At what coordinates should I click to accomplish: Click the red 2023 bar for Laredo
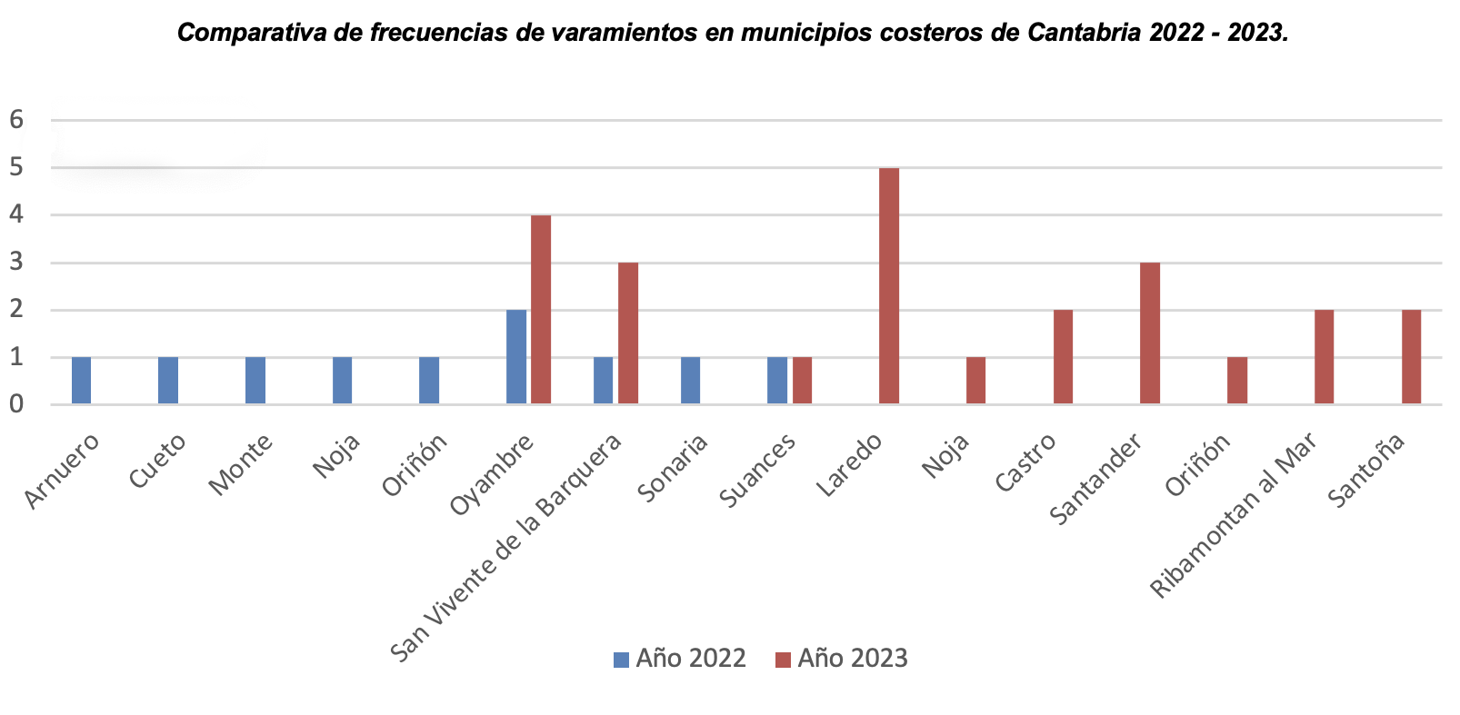coord(888,286)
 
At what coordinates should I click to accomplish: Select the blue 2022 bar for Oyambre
coord(515,357)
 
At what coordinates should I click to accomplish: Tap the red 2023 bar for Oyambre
coord(541,310)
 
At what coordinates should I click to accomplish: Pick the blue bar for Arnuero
coord(81,381)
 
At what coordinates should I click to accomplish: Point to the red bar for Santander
coord(1149,333)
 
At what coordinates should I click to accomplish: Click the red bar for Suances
coord(802,381)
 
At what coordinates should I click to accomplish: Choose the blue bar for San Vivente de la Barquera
coord(603,381)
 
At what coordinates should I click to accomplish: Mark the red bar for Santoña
coord(1411,357)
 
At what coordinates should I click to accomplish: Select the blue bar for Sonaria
coord(690,381)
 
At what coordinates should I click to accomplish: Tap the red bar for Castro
coord(1063,357)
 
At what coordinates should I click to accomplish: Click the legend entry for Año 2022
coord(680,659)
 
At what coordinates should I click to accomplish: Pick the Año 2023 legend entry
coord(842,659)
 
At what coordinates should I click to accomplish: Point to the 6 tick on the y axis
coord(15,120)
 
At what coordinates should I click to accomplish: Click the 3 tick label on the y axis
coord(15,263)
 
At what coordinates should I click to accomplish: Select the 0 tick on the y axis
coord(15,404)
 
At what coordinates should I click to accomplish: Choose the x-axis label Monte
coord(242,464)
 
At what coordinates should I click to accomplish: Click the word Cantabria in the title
coord(1085,34)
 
